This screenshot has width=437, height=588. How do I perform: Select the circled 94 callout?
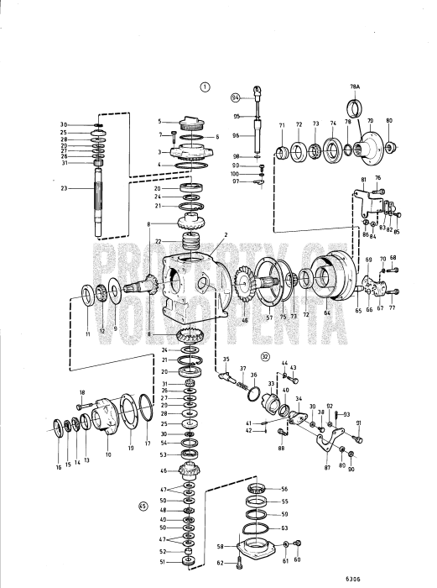pyautogui.click(x=236, y=97)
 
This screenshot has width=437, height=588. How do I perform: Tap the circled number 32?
pyautogui.click(x=265, y=356)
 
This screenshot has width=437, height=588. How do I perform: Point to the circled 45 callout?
pyautogui.click(x=143, y=507)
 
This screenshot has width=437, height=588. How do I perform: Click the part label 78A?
pyautogui.click(x=355, y=87)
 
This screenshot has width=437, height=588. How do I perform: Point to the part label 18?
pyautogui.click(x=82, y=393)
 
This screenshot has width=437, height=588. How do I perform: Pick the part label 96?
pyautogui.click(x=236, y=135)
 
